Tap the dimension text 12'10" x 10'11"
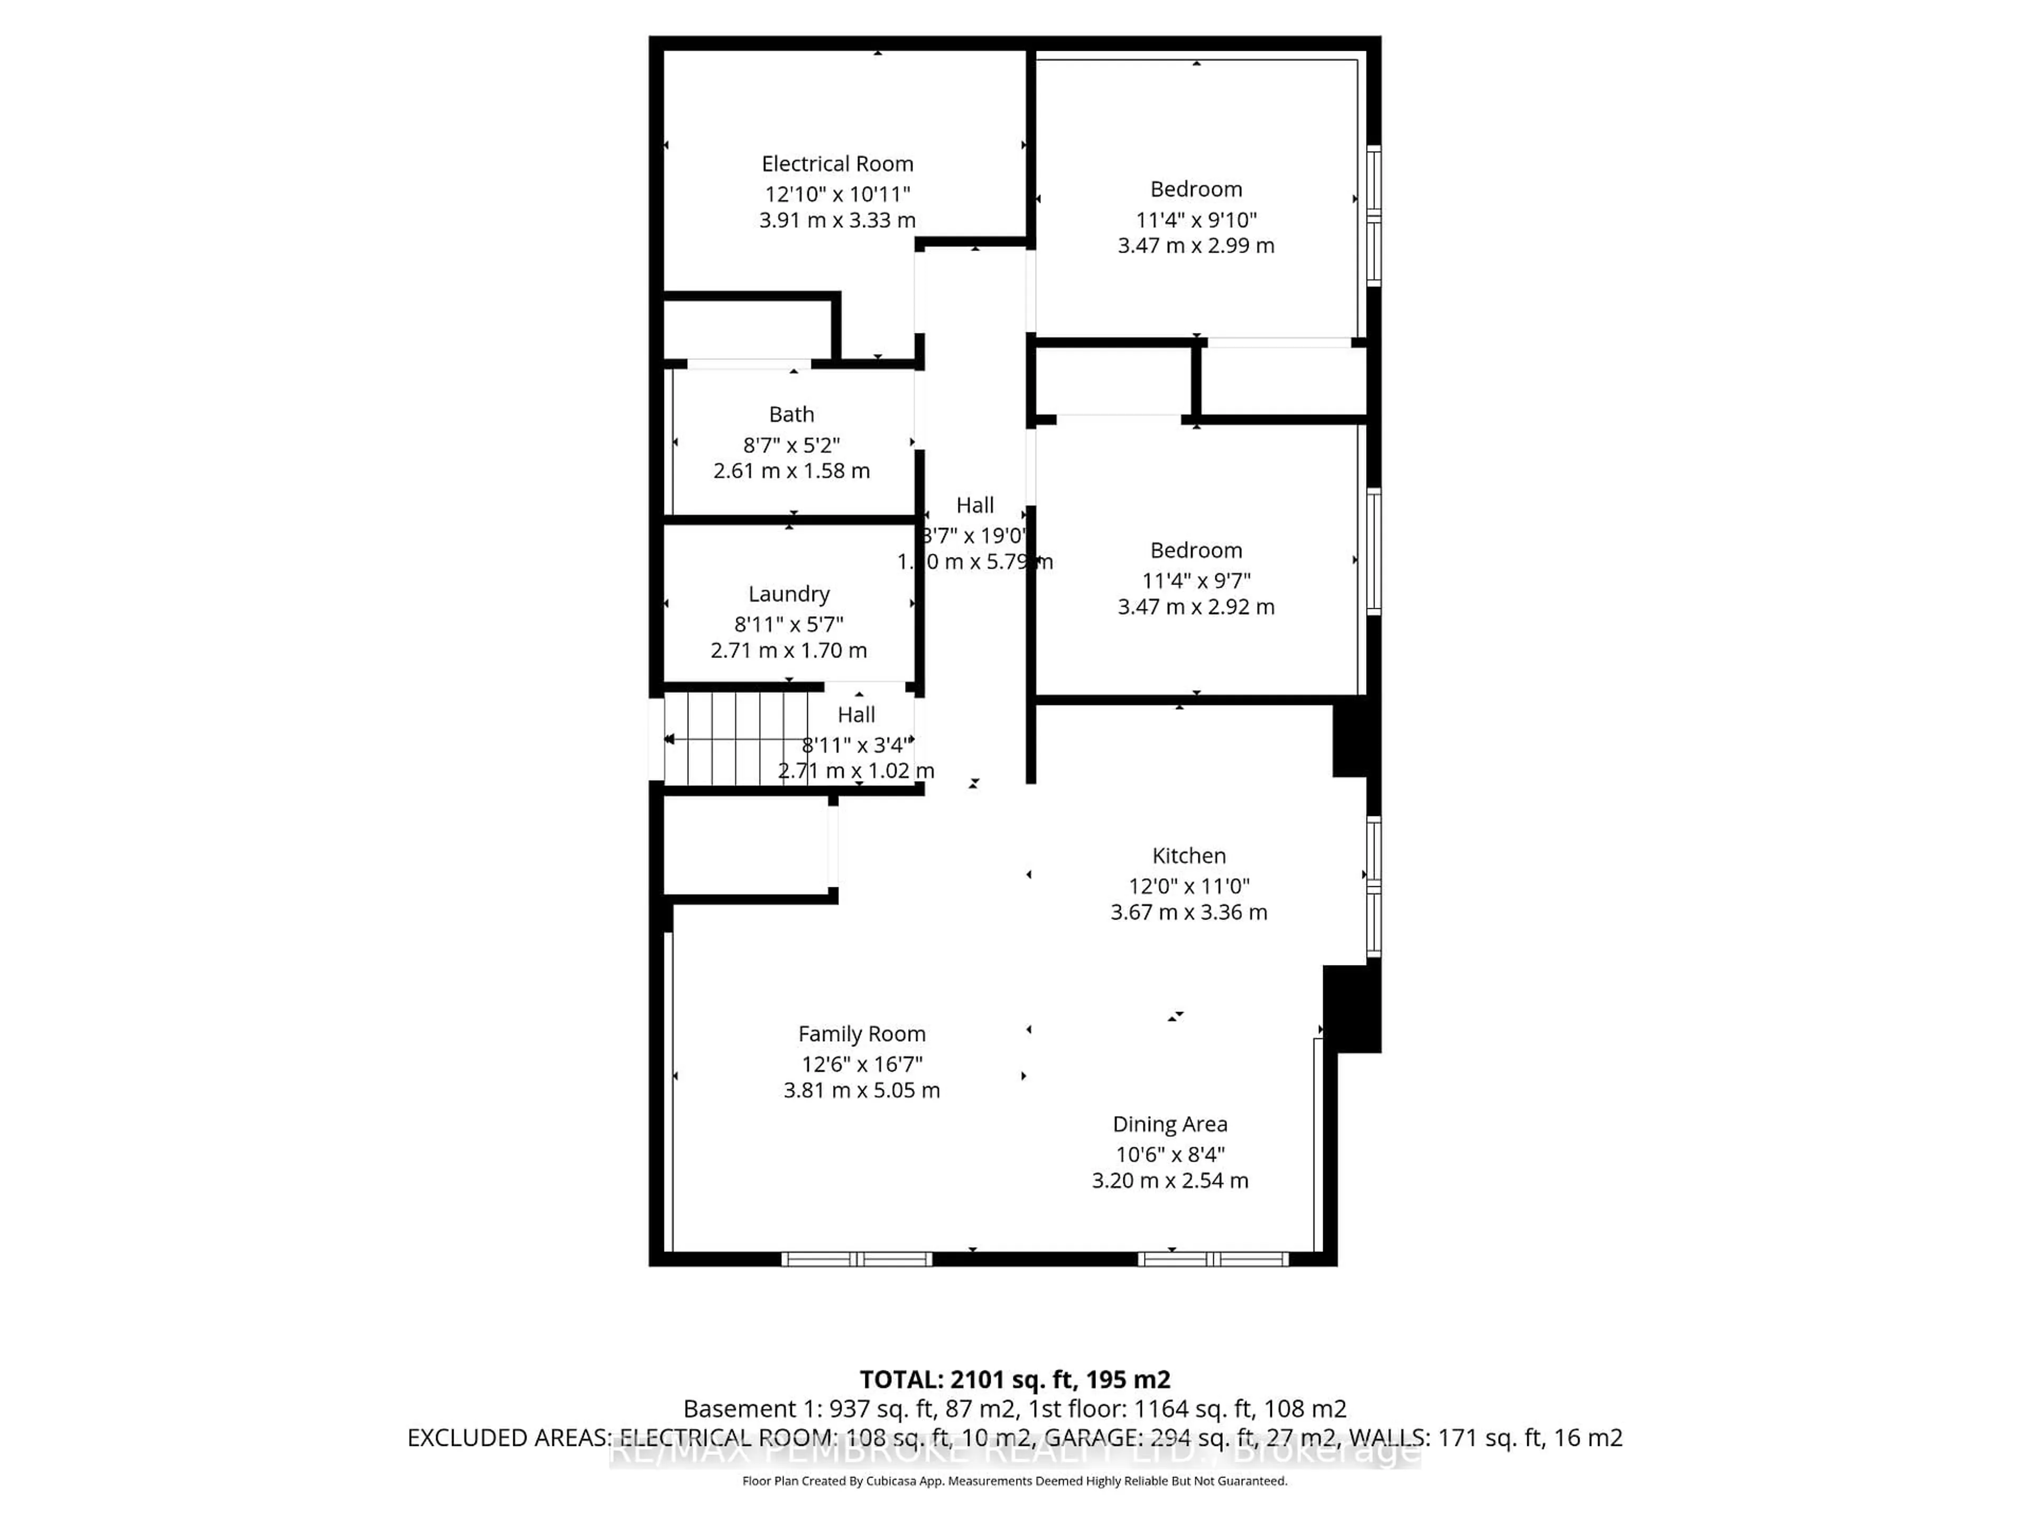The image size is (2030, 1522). pyautogui.click(x=837, y=194)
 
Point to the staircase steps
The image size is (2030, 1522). pyautogui.click(x=736, y=738)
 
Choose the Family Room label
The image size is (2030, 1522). pyautogui.click(x=861, y=1033)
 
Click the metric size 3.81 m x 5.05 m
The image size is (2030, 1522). pyautogui.click(x=861, y=1090)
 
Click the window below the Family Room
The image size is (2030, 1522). pyautogui.click(x=856, y=1259)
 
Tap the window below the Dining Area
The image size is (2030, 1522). pyautogui.click(x=1213, y=1259)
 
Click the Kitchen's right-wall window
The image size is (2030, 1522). pyautogui.click(x=1373, y=886)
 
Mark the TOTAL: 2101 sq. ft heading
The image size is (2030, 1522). pyautogui.click(x=1014, y=1379)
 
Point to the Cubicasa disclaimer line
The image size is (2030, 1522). pyautogui.click(x=1014, y=1481)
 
